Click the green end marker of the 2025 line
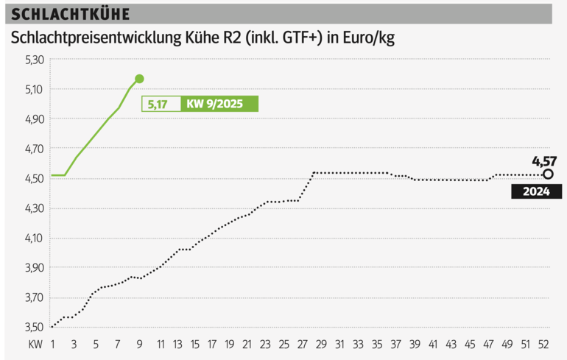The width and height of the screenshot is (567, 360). [139, 79]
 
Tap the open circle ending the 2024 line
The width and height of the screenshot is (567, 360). [548, 174]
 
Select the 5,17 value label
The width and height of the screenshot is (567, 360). [157, 105]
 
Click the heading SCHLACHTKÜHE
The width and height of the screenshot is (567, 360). [71, 14]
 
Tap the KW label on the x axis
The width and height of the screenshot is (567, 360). [35, 344]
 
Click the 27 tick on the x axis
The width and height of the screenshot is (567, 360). [303, 344]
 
